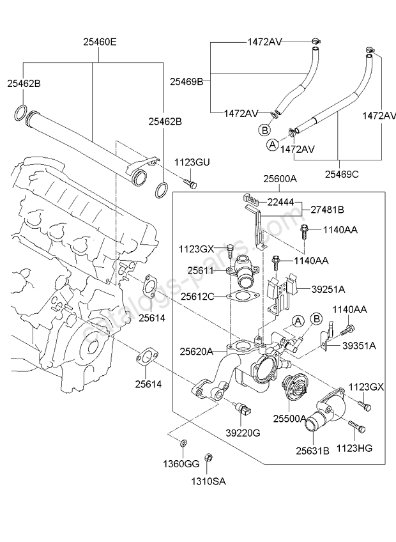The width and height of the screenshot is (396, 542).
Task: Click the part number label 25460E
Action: (x=99, y=43)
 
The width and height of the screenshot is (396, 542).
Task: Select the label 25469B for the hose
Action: (x=187, y=81)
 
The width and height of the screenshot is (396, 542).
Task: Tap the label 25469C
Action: (x=342, y=173)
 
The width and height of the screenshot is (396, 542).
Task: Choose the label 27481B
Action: (x=327, y=209)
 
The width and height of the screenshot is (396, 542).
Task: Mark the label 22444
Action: (x=280, y=202)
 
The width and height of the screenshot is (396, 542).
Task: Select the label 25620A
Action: (x=196, y=350)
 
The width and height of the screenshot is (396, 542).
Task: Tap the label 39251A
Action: (x=328, y=288)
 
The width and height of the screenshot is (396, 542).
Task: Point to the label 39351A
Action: (x=359, y=345)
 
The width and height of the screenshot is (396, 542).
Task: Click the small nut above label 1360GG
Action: (x=184, y=443)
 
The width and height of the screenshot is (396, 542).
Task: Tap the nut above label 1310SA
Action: (x=208, y=458)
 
